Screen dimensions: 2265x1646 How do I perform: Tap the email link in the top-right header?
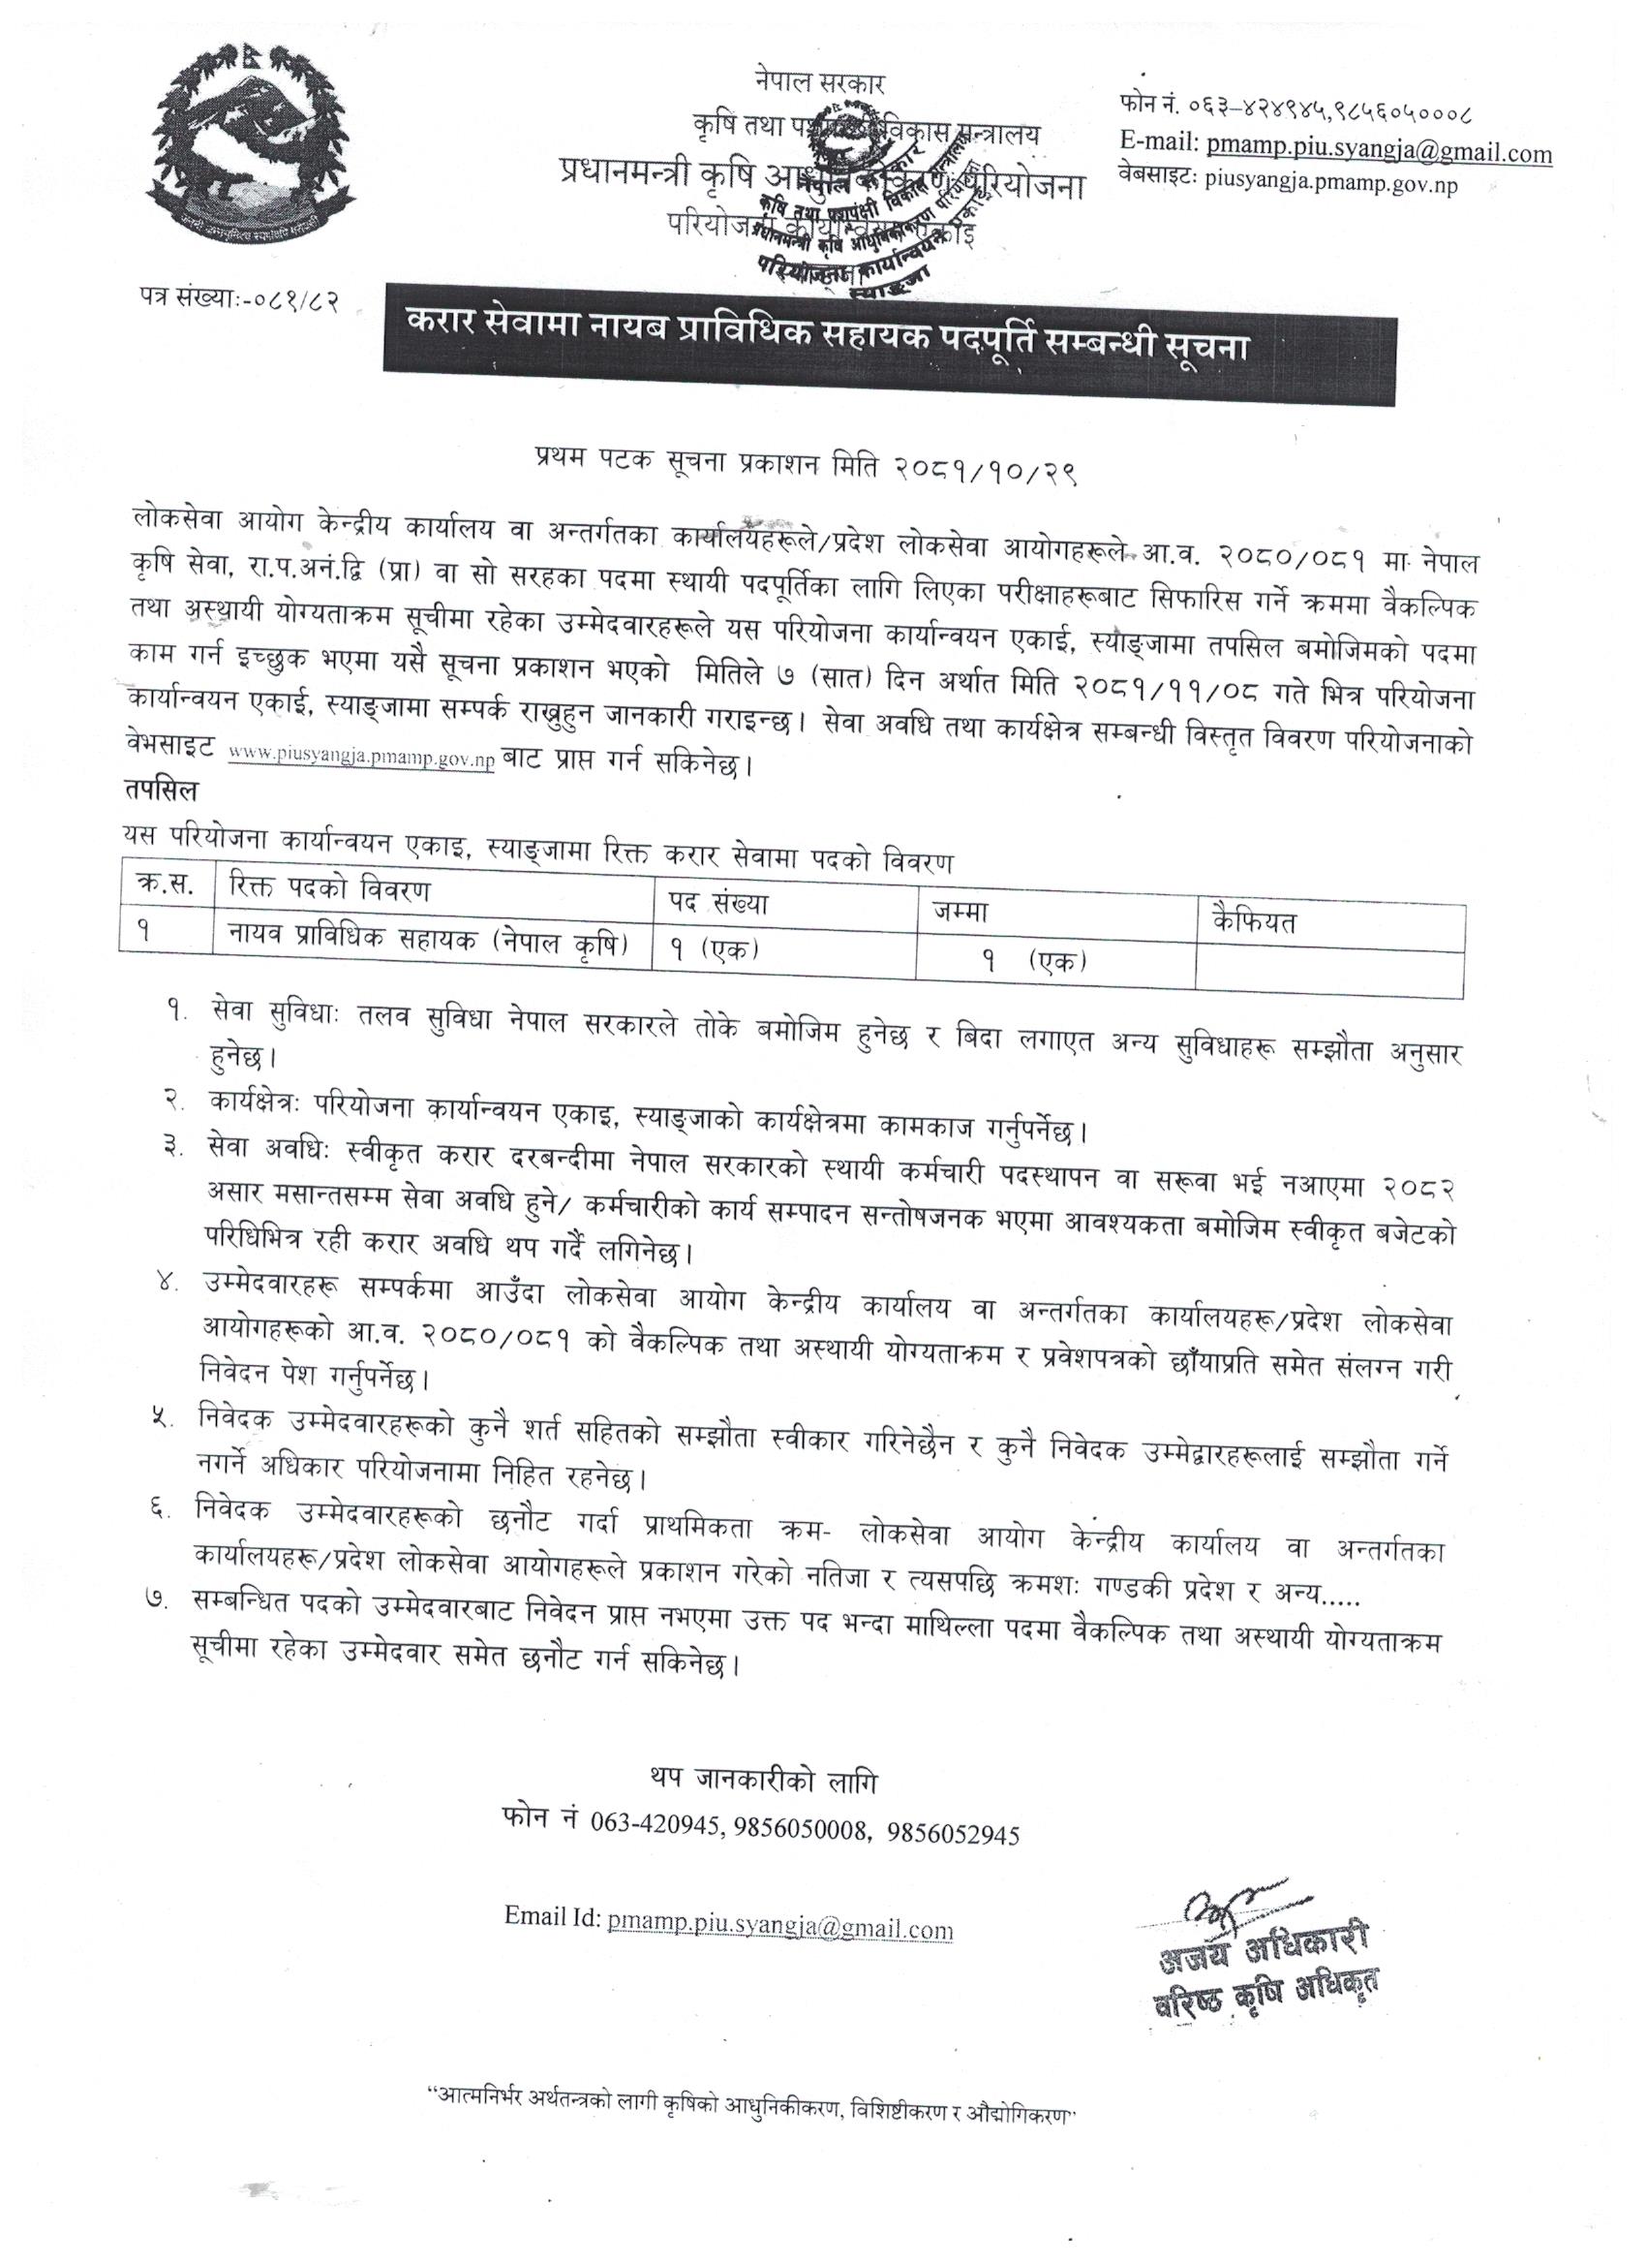tap(1379, 153)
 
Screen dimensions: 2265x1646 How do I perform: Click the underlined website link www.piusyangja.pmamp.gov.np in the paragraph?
tap(360, 758)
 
